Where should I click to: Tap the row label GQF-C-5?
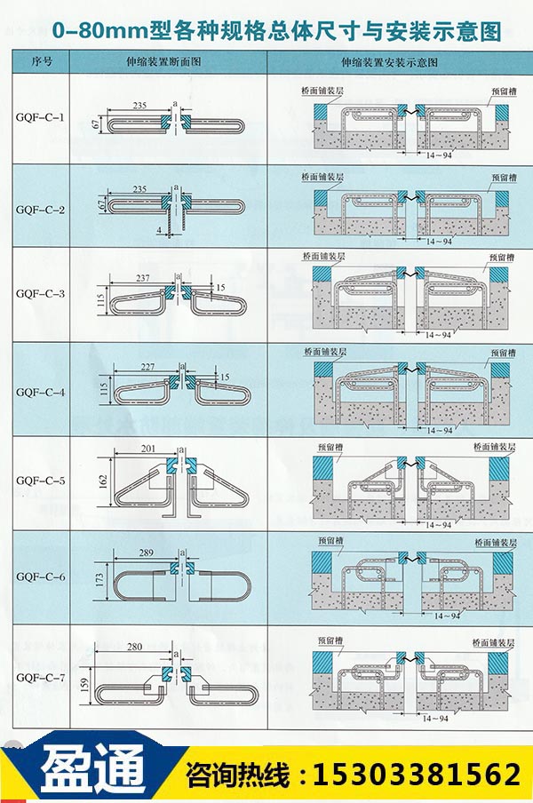coord(41,481)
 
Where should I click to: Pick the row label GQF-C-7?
coord(41,679)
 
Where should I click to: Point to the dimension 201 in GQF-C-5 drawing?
coord(147,449)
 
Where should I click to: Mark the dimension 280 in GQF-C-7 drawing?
coord(136,647)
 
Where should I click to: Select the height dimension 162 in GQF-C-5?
coord(103,482)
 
